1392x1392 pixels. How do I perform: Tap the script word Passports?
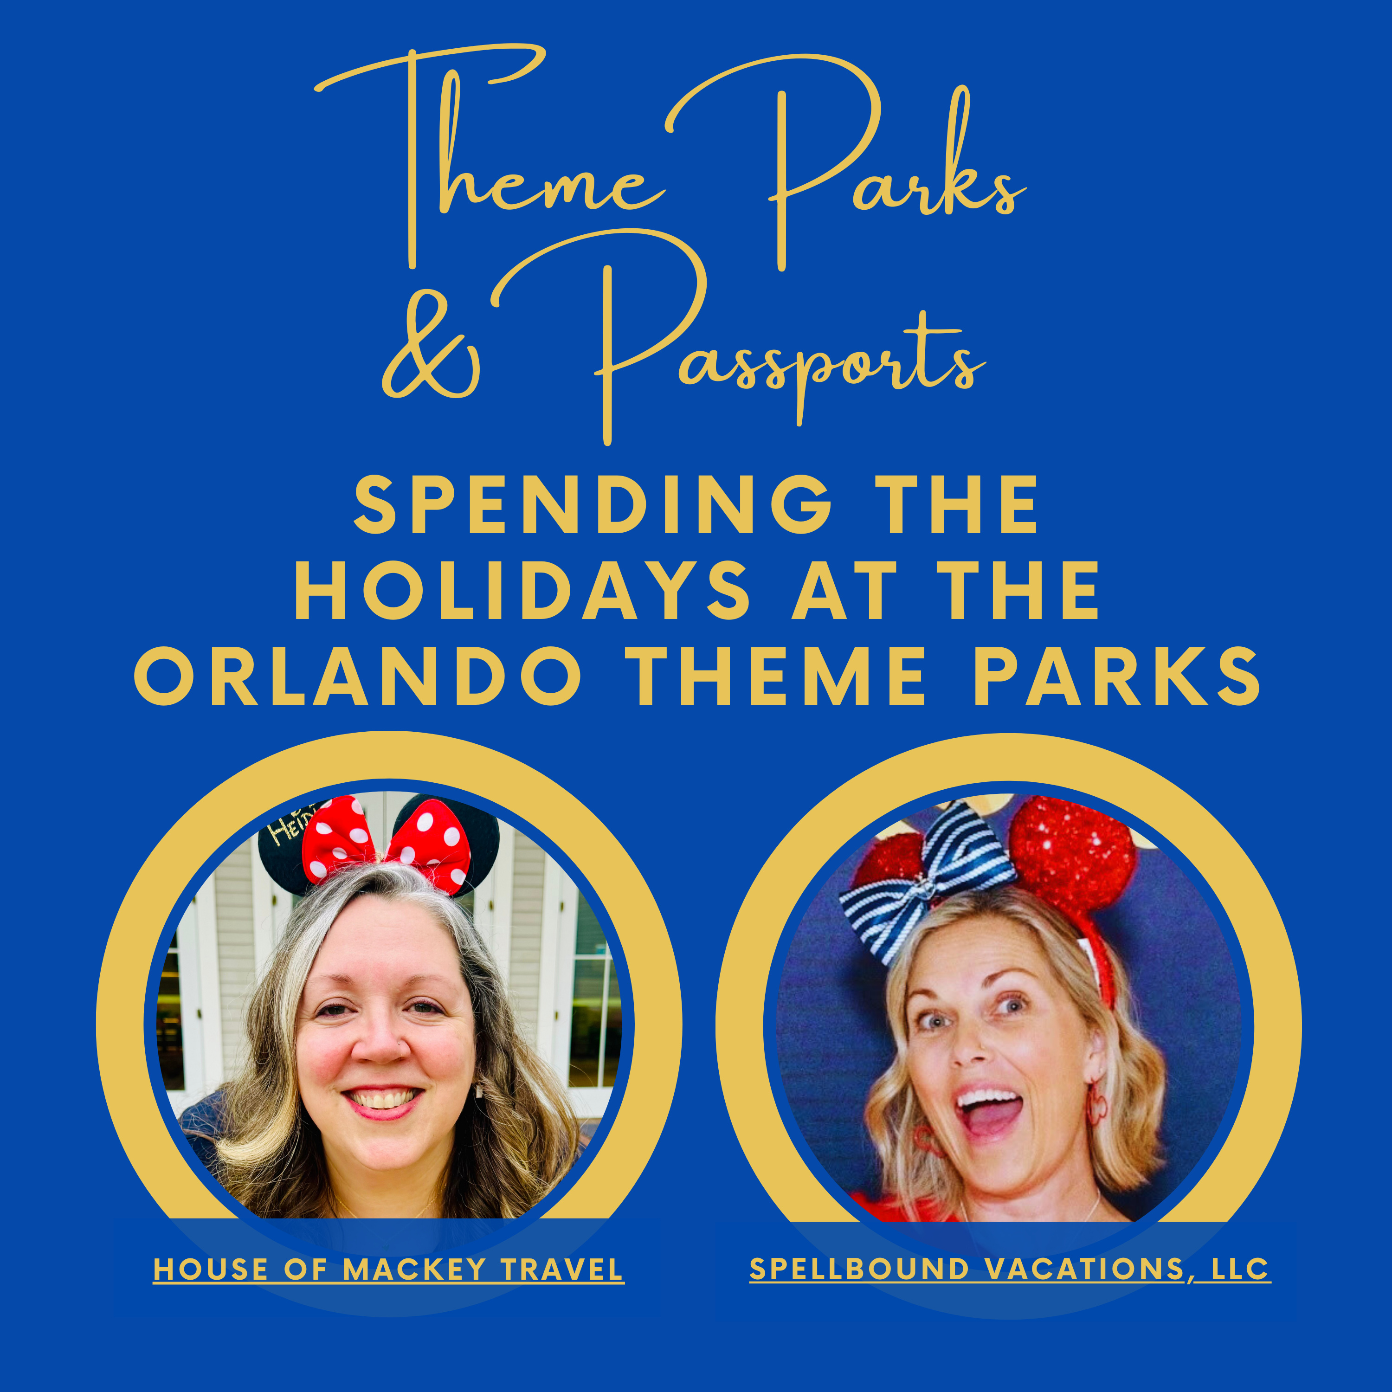coord(789,346)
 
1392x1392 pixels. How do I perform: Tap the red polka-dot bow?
coord(387,843)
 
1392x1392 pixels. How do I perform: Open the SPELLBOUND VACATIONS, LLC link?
coord(1009,1270)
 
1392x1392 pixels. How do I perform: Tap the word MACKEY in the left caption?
coord(413,1270)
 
